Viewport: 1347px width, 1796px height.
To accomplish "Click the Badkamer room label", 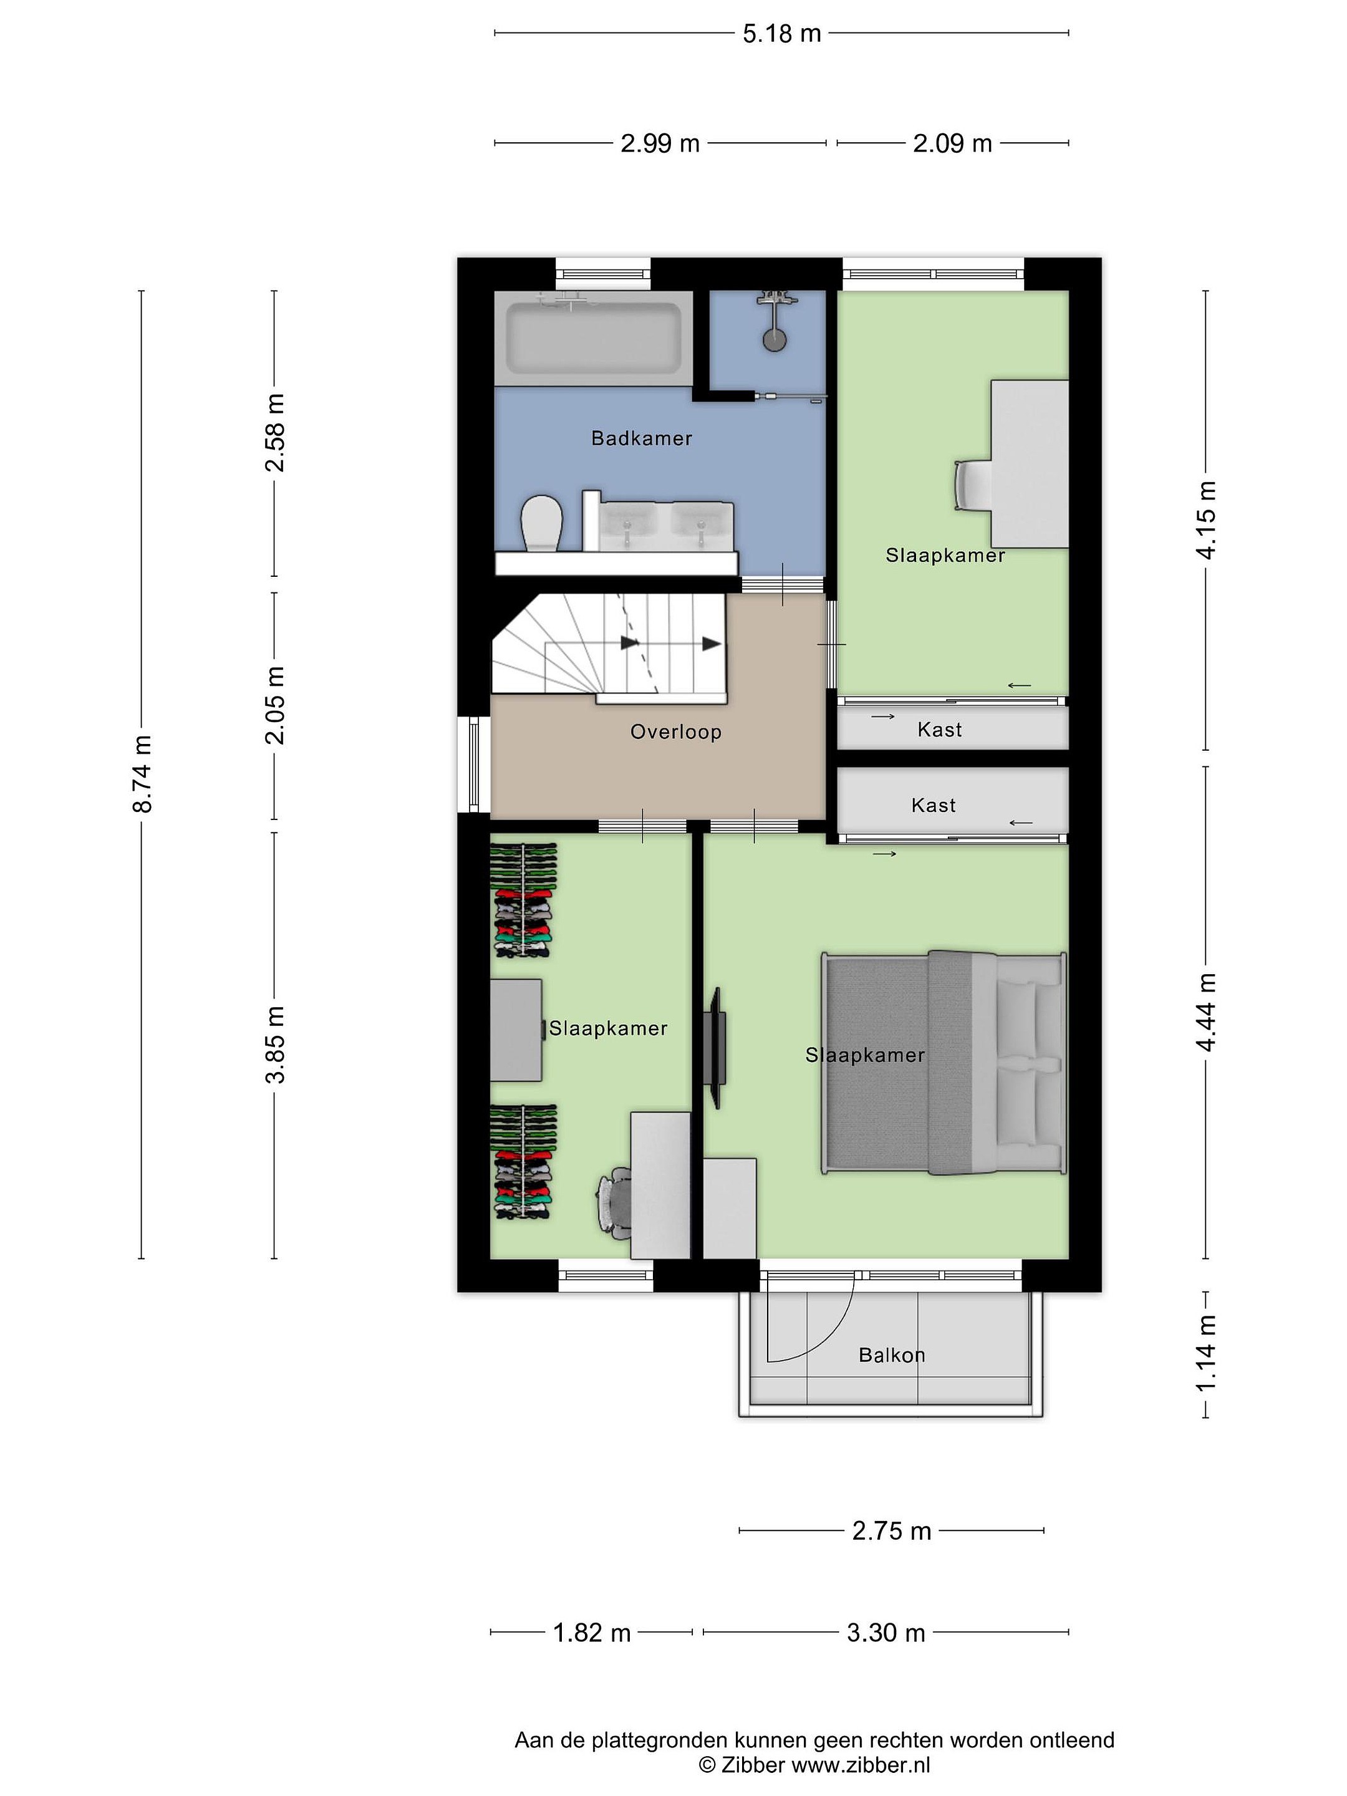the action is click(x=642, y=438).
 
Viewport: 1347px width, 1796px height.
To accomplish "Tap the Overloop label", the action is click(x=675, y=732).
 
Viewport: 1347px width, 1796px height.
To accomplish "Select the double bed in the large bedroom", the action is click(x=944, y=1063).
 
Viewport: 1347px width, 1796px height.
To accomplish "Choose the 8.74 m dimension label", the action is click(x=142, y=774).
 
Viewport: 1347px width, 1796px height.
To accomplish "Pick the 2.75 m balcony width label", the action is click(x=892, y=1532).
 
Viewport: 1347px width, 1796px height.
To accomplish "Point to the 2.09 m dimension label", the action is click(x=952, y=143).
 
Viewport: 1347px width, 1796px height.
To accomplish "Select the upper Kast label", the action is click(x=939, y=730).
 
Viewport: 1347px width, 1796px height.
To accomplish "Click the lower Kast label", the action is click(x=934, y=806).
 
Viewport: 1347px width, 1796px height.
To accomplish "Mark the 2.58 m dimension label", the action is click(x=275, y=432).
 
